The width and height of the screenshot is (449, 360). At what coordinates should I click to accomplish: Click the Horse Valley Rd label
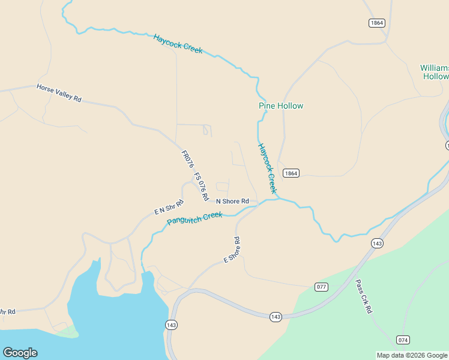click(59, 93)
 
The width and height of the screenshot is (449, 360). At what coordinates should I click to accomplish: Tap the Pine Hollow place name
click(281, 106)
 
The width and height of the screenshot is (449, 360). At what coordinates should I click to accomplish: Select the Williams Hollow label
click(435, 72)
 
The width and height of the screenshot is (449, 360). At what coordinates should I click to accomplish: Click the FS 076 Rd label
click(201, 187)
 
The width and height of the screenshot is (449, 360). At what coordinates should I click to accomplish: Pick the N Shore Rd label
click(232, 201)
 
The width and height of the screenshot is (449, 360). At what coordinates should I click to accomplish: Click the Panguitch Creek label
click(194, 218)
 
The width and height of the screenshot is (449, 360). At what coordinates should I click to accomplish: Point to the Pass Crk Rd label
click(364, 296)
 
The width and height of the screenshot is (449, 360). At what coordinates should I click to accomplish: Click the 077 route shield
click(322, 287)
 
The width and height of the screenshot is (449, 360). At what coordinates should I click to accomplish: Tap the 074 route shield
click(403, 340)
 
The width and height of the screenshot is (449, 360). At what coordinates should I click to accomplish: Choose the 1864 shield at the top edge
click(376, 23)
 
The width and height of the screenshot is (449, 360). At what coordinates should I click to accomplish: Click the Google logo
click(20, 353)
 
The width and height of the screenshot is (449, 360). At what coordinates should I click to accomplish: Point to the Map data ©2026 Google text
click(412, 355)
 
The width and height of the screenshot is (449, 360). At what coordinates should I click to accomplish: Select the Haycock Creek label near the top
click(178, 43)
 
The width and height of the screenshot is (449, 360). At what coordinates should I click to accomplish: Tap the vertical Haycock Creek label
click(268, 168)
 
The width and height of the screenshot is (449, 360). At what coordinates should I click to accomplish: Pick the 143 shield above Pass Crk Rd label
click(377, 243)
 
